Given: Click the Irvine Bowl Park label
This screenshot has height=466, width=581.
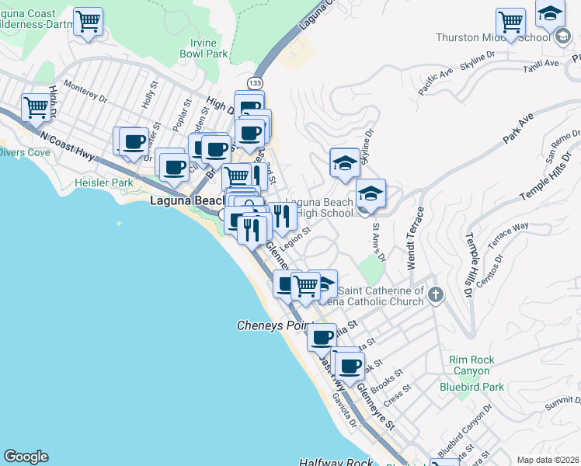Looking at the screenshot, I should pos(204,48).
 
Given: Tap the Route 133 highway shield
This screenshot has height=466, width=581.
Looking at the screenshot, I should pos(254,82).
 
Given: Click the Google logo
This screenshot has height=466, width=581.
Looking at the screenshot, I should pos(26,457).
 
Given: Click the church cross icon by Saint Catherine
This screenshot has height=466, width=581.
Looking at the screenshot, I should pos(435,294).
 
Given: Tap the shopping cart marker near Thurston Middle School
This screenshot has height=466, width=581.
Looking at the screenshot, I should pos(511,23).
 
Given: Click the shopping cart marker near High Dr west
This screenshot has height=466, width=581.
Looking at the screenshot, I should pos(37,108).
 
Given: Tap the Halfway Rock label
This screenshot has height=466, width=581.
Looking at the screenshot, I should pos(339,461).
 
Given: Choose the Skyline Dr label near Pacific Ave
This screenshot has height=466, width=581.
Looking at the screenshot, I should pos(478,61).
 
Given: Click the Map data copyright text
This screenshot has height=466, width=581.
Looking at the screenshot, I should pos(548,459).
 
